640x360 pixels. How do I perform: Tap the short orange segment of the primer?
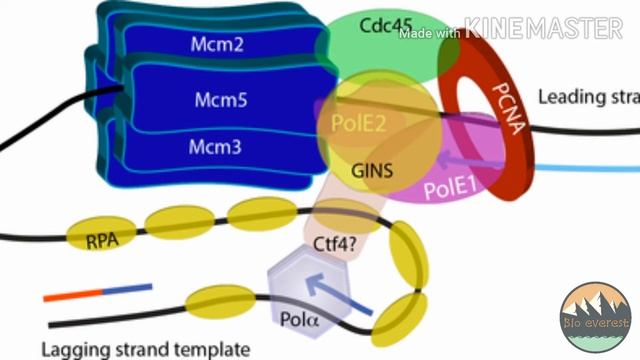[x=72, y=295]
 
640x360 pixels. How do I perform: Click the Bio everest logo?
[x=595, y=316]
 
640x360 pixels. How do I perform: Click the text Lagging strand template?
[x=144, y=348]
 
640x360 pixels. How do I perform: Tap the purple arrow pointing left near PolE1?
[x=461, y=157]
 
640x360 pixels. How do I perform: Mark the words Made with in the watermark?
[x=429, y=32]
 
